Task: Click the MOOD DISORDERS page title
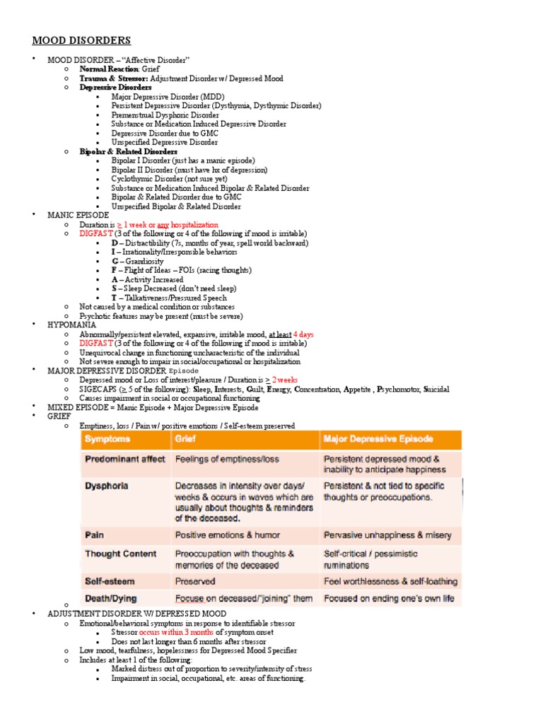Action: (81, 40)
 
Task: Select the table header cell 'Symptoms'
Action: (107, 439)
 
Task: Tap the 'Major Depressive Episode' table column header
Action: (378, 439)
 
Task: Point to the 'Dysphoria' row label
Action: (107, 486)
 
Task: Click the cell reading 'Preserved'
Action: (195, 581)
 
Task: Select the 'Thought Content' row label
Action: (120, 554)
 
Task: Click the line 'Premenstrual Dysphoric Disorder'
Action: (165, 115)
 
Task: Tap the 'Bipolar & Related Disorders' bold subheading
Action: (128, 151)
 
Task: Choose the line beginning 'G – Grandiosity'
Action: (137, 261)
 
